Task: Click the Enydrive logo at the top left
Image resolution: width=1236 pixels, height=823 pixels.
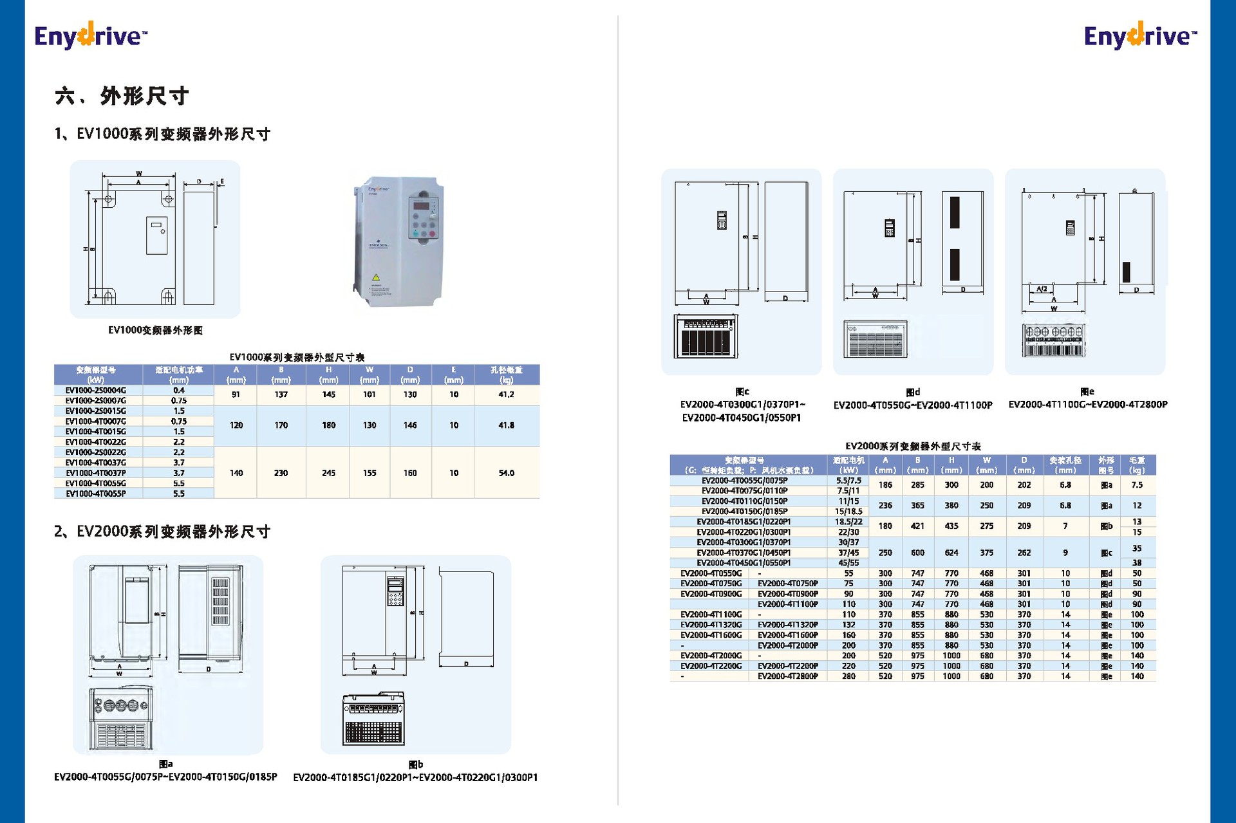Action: click(90, 35)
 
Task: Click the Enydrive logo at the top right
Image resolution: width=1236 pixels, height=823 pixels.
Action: click(1139, 35)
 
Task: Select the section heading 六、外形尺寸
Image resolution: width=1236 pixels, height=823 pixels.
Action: click(122, 96)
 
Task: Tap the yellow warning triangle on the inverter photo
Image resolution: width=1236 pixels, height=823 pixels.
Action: click(376, 278)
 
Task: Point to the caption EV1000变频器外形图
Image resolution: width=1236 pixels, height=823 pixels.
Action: click(155, 330)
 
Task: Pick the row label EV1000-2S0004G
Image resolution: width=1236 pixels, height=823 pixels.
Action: click(96, 390)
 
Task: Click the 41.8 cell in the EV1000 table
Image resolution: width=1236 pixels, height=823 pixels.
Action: click(506, 425)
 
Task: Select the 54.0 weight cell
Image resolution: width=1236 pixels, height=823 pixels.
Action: click(506, 473)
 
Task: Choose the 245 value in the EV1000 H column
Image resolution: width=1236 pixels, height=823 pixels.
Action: click(328, 473)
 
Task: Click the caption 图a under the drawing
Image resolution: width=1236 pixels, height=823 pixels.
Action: click(165, 764)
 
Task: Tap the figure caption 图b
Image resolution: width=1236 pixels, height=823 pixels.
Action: click(416, 764)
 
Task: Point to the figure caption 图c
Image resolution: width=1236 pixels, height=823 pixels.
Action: click(742, 391)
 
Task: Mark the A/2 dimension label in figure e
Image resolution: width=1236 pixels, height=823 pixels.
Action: click(1042, 289)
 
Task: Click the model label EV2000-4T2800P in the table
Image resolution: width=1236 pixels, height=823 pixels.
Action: click(787, 676)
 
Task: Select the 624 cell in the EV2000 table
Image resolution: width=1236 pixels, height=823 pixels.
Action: click(951, 553)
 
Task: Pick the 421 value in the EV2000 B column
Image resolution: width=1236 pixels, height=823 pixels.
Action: click(917, 526)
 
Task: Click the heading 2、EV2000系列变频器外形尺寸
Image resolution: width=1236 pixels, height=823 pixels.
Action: click(162, 532)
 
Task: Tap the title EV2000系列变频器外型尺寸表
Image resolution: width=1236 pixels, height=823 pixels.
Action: click(913, 446)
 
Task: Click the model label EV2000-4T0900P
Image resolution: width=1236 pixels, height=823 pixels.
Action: click(787, 594)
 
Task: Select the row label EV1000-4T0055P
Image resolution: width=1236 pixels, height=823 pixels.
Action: click(96, 494)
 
